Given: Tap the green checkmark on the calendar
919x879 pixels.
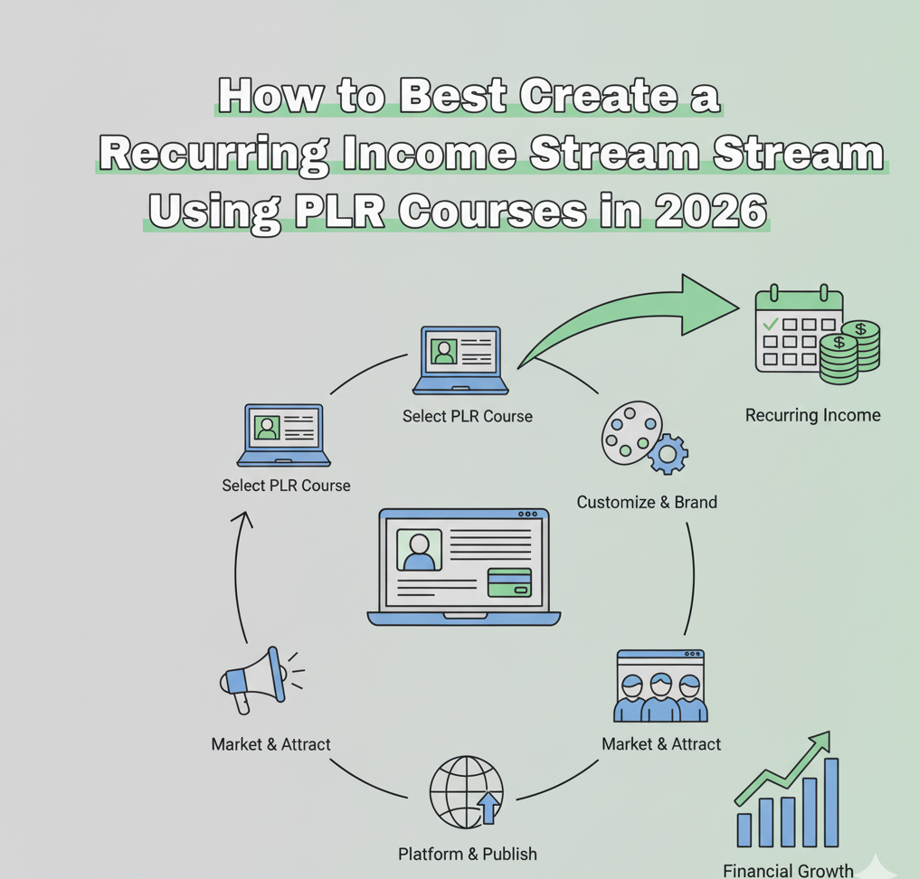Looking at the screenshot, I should click(x=771, y=323).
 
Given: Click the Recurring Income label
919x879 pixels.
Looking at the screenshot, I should click(x=812, y=416).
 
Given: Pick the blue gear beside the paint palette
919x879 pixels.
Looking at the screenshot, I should click(x=668, y=454).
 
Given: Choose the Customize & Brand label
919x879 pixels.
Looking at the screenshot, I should click(x=647, y=502).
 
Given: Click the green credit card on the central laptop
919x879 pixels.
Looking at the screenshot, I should click(x=509, y=582).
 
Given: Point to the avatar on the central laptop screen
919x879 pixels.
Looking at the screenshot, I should click(x=419, y=550).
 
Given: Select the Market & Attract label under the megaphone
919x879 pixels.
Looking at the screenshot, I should click(x=270, y=744).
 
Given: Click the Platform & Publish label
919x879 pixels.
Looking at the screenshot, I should click(x=467, y=854).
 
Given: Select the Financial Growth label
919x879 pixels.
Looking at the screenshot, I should click(x=788, y=870).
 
